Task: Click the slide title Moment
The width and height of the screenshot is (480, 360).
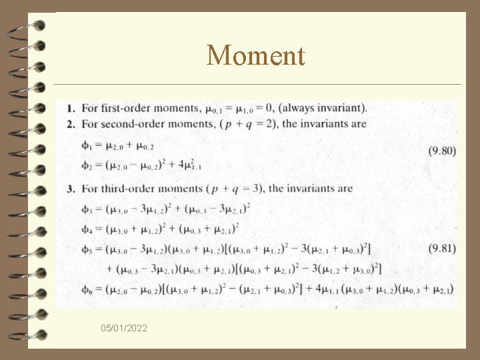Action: click(x=256, y=55)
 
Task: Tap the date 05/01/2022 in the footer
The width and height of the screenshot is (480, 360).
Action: click(x=125, y=329)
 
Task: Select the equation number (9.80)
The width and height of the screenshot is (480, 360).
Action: click(x=443, y=151)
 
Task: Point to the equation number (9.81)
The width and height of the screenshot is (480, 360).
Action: click(x=443, y=248)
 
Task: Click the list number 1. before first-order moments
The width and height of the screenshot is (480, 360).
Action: click(x=70, y=108)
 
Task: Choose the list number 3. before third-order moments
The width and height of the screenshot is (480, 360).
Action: click(x=71, y=189)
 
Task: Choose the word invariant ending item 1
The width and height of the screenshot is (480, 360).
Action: click(x=341, y=107)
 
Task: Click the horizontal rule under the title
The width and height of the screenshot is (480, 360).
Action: click(x=257, y=85)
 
